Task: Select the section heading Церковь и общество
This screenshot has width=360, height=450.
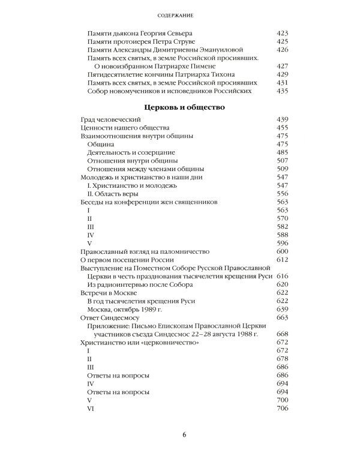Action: [180, 108]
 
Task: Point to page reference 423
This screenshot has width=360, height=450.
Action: [282, 34]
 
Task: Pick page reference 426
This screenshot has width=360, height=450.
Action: [282, 50]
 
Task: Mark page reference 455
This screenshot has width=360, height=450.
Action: [282, 128]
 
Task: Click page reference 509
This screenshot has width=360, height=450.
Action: [282, 169]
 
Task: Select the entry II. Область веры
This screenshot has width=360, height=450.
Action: [113, 194]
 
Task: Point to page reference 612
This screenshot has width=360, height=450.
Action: [282, 259]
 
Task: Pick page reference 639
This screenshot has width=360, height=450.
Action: [282, 308]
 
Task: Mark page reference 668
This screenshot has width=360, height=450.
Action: [282, 334]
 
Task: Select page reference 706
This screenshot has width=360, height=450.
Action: [282, 408]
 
